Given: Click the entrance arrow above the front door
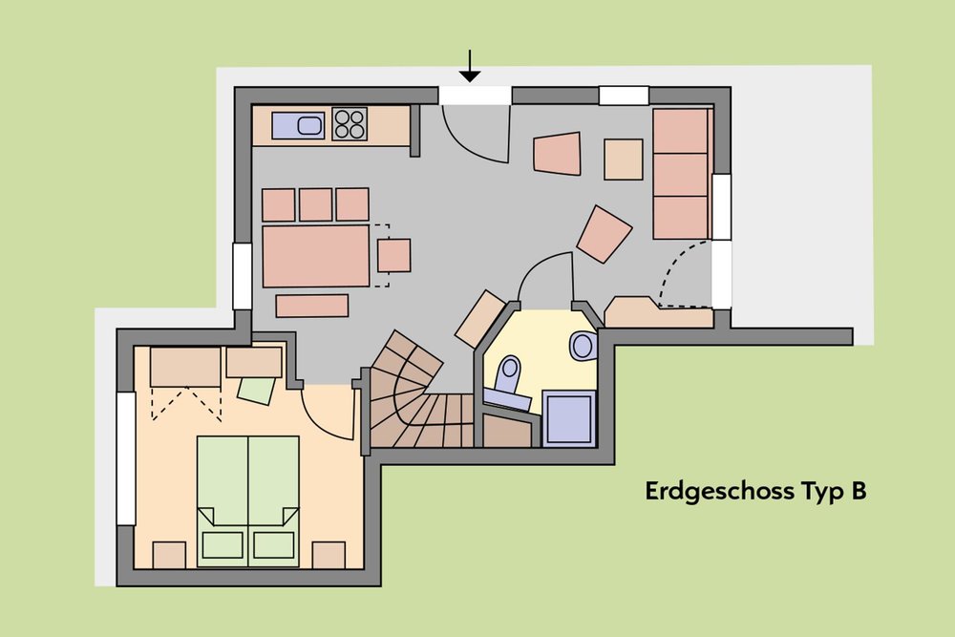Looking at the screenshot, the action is pos(470,66).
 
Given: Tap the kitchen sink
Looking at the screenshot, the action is pos(298,125).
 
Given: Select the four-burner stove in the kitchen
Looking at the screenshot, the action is pos(350,124).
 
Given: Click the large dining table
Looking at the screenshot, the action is pos(316,256).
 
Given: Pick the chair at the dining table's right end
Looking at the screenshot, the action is pos(393,256).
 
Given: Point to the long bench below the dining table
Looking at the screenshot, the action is pos(312,306).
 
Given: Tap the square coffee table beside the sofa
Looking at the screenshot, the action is pos(624,159).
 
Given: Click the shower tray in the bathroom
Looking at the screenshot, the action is pos(569,417).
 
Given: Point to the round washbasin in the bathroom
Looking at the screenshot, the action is pos(584,346).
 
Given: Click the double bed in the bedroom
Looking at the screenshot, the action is pos(248,501).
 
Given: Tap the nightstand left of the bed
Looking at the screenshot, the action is pos(169,555).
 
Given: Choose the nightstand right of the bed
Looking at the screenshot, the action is pos(329,555).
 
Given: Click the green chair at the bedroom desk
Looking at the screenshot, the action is pos(256,390).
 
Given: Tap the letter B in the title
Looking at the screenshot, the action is pos(859,491).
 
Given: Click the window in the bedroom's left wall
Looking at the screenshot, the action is pos(126,458).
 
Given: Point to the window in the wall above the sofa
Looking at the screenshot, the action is pos(624,96).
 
